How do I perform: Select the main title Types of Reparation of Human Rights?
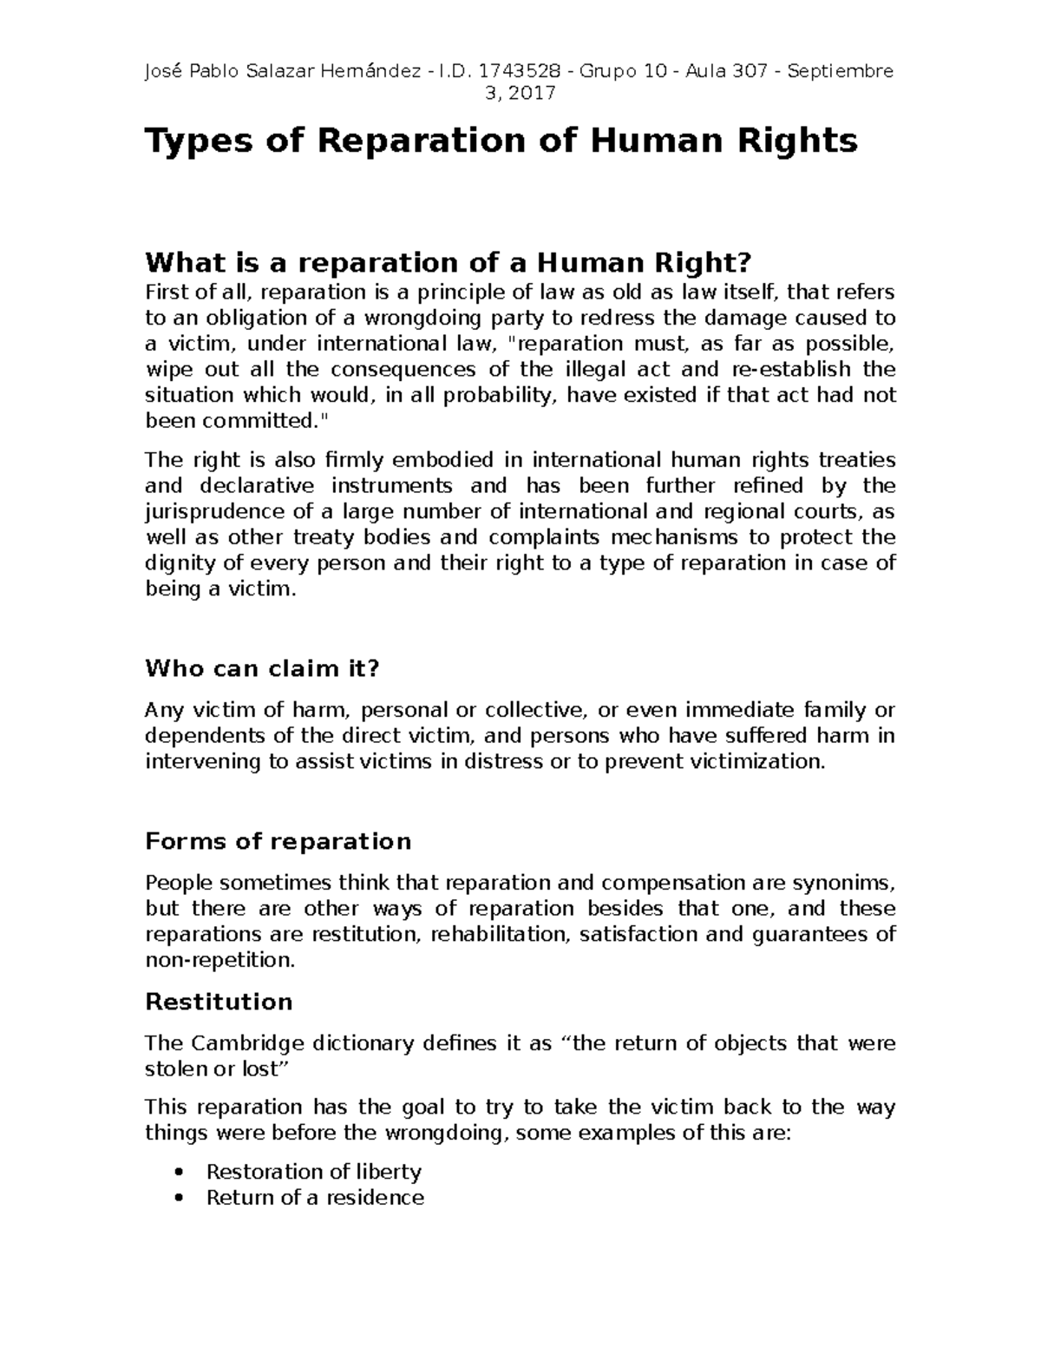(501, 141)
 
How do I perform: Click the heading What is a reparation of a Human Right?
(447, 261)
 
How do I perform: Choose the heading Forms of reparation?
(278, 841)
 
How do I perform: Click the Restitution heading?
(219, 1002)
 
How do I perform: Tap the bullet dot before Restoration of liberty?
(179, 1172)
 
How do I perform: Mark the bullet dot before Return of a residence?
(179, 1198)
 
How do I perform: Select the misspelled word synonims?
(835, 883)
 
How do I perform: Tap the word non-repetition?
(219, 961)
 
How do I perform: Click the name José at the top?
(163, 71)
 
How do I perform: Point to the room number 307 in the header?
(750, 71)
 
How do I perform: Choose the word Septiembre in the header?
(840, 71)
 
